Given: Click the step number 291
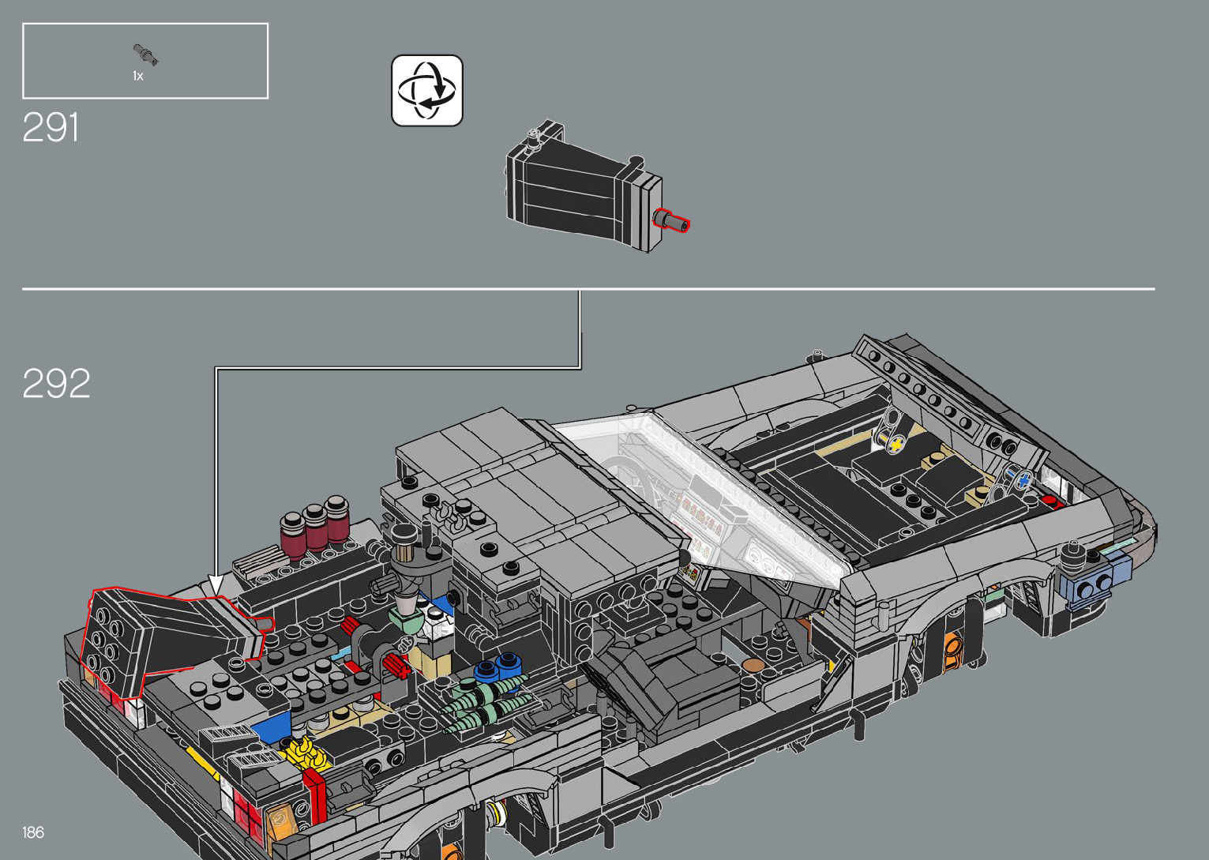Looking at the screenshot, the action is point(51,127).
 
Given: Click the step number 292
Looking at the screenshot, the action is point(56,383).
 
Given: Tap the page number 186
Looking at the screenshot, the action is point(33,832).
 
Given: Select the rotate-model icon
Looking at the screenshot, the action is point(427,90).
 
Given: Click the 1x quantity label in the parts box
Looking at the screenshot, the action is point(138,76).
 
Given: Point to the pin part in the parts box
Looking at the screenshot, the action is point(145,55).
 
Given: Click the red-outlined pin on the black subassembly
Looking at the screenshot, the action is point(671,221).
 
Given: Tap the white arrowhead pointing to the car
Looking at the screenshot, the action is point(216,585).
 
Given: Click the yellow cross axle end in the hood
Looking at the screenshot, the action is point(896,445).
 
